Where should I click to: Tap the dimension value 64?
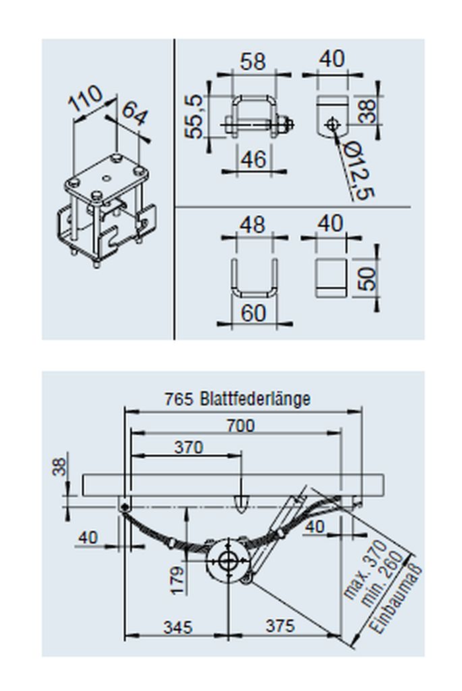(135, 113)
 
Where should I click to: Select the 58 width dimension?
(253, 61)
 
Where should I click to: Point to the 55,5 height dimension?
(194, 116)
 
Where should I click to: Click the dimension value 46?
(254, 159)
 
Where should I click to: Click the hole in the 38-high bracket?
(333, 124)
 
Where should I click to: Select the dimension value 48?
(252, 225)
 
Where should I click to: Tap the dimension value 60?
(254, 313)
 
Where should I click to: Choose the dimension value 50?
(366, 279)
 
